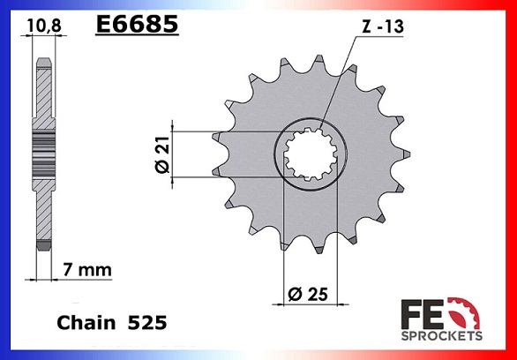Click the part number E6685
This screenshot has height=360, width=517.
(137, 24)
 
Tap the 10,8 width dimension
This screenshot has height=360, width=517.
(44, 26)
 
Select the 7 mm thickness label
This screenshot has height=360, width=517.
(87, 270)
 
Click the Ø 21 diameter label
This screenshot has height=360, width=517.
(162, 154)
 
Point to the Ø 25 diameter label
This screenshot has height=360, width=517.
(308, 294)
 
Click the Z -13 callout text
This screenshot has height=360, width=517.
(383, 26)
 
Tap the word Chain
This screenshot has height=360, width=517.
(86, 323)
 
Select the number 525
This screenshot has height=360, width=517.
(147, 323)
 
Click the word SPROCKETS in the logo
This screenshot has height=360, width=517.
(441, 336)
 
